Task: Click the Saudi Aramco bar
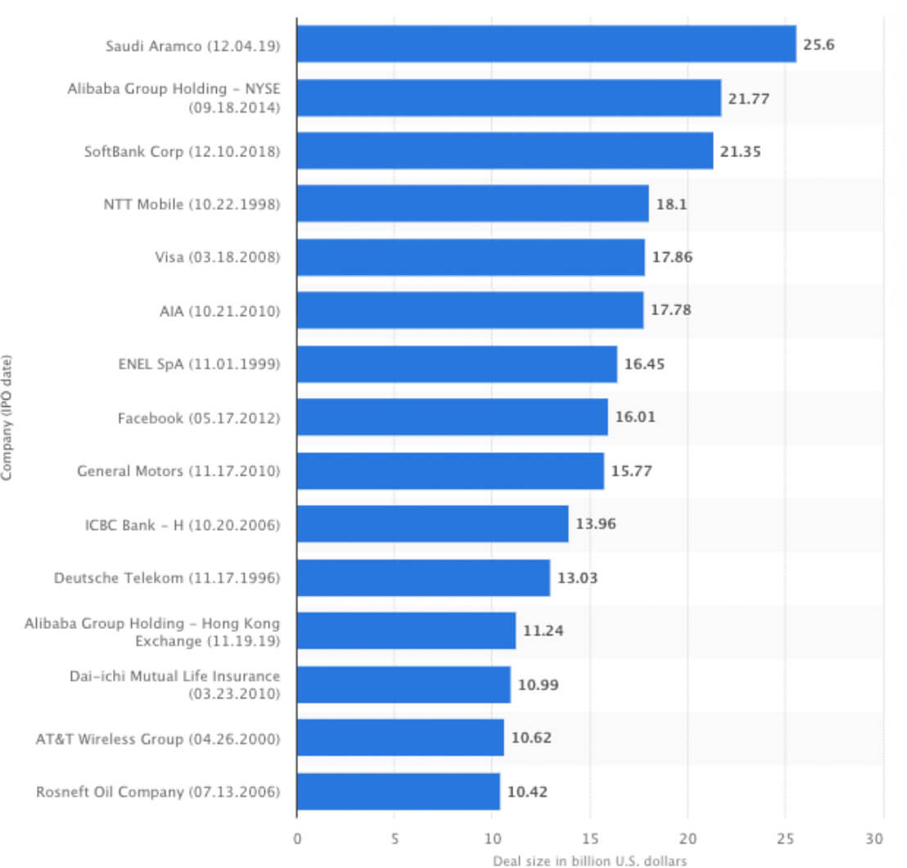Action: tap(546, 44)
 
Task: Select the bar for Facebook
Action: tap(452, 418)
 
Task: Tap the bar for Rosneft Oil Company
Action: tap(398, 792)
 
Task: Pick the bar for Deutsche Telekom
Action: tap(423, 578)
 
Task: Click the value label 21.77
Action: tap(744, 99)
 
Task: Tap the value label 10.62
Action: tap(531, 738)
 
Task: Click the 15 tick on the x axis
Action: tap(589, 839)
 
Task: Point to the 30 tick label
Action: tap(875, 839)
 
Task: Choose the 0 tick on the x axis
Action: tap(297, 839)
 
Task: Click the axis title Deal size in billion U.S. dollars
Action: tap(589, 860)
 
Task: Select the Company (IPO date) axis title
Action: tap(7, 417)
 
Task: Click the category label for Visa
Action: tap(217, 258)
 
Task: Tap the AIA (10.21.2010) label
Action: tap(219, 311)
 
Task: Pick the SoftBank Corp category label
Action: tap(182, 151)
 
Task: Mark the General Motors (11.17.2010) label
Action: tap(178, 472)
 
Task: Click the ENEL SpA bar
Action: tap(457, 364)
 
